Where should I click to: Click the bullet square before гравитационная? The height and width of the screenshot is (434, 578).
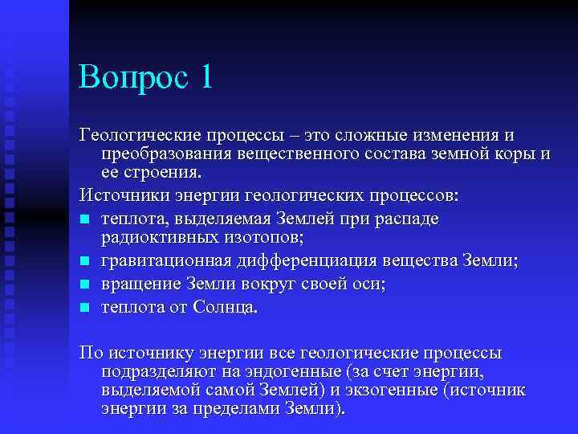tap(85, 261)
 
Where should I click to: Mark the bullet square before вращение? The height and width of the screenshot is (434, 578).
tap(85, 285)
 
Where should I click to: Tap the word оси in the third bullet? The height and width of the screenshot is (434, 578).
tap(368, 284)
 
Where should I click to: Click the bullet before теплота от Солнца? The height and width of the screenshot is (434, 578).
tap(85, 307)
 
